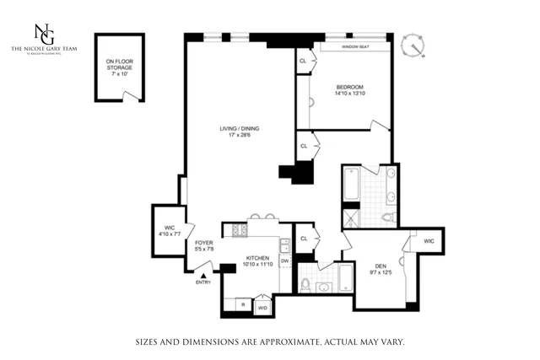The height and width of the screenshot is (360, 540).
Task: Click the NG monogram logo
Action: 43,33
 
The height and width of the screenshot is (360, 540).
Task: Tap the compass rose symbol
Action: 412,46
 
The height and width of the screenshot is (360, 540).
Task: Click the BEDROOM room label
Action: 349,87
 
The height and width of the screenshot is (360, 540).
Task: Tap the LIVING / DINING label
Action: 240,128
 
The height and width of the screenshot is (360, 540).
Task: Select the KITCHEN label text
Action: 257,257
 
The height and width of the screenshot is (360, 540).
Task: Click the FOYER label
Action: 203,243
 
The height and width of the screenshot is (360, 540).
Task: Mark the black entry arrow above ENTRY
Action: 202,275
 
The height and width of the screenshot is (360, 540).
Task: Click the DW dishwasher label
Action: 284,261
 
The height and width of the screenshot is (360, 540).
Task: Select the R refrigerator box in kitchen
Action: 243,304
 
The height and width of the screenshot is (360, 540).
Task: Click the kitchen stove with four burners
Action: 234,229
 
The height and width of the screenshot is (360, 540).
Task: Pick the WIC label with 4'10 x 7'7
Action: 169,228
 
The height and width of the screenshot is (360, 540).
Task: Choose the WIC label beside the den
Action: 429,241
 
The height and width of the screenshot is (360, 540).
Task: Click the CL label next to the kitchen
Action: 304,238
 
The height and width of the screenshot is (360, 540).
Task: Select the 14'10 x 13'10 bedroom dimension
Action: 349,94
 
